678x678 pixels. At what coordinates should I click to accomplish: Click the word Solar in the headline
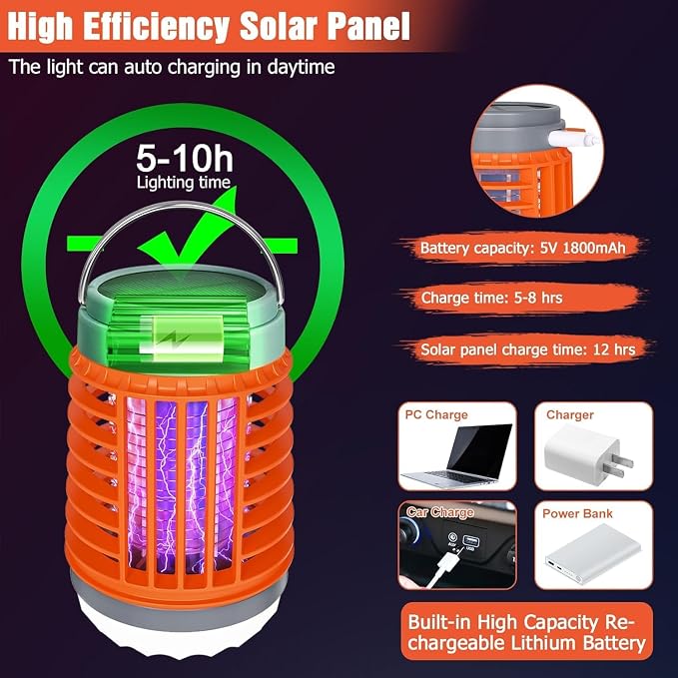(x=280, y=27)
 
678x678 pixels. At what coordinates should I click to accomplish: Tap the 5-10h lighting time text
(x=185, y=166)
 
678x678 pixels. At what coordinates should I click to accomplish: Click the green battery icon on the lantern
(x=181, y=339)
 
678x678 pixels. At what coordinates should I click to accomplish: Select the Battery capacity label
(x=523, y=248)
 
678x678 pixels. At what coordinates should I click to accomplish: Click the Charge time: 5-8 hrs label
(x=491, y=298)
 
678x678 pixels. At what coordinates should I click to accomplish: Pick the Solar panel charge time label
(x=528, y=349)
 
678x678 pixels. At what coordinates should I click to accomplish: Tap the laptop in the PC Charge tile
(x=457, y=454)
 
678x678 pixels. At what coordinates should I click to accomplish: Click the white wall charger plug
(x=588, y=455)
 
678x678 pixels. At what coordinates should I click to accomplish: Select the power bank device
(x=593, y=554)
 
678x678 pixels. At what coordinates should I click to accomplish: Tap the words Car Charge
(x=439, y=512)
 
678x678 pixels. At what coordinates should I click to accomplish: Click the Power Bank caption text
(x=577, y=513)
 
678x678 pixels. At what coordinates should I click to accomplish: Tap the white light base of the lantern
(x=178, y=629)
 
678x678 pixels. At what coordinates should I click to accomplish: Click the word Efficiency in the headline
(x=156, y=27)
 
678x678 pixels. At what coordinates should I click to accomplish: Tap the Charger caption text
(x=570, y=414)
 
